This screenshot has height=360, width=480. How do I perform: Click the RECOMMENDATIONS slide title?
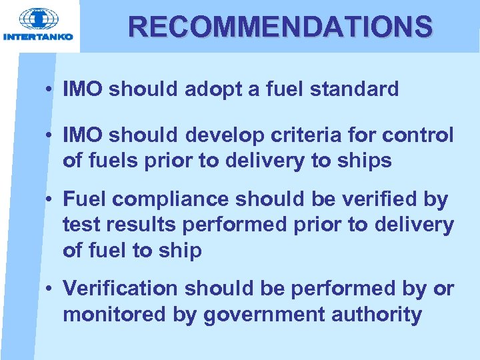pos(281,27)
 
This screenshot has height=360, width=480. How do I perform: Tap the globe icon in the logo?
pos(39,19)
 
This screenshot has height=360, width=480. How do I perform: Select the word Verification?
pos(121,289)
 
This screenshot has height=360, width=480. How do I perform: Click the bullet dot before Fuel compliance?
pos(51,200)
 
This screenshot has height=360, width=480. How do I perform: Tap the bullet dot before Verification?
pos(51,290)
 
